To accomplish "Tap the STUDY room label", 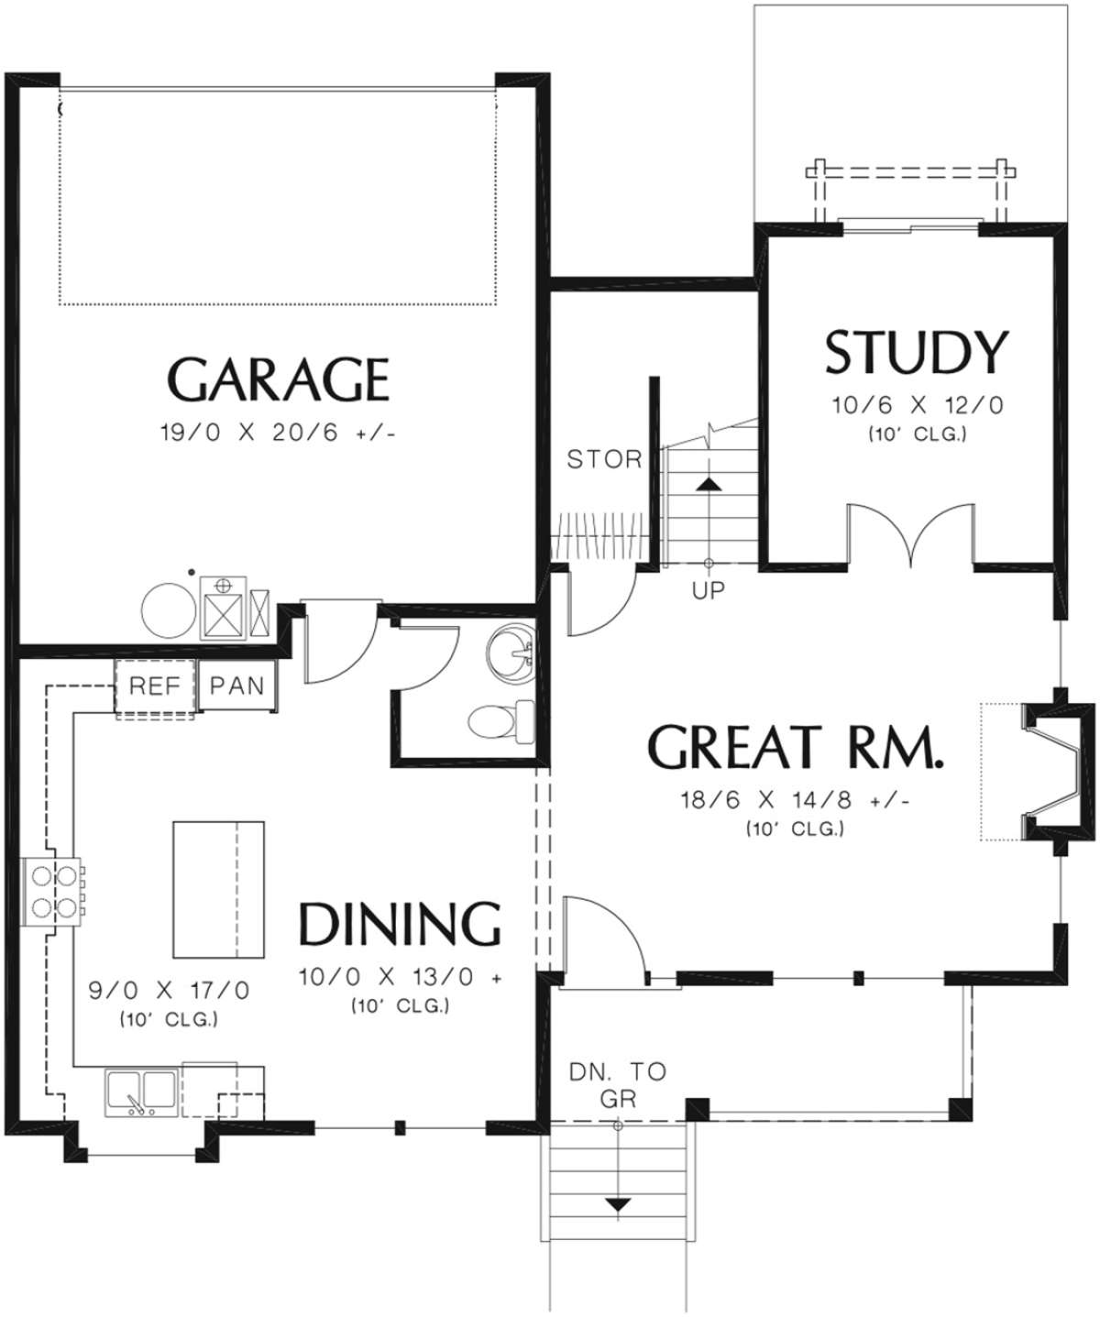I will (916, 353).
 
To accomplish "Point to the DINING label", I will (401, 924).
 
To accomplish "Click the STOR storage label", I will (604, 458).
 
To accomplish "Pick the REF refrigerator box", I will (154, 686).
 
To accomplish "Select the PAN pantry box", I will (236, 686).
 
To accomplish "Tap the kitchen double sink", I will (142, 1091).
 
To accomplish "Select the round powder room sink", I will (511, 653).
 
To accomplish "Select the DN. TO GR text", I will (618, 1084).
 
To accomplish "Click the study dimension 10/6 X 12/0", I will (916, 405).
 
